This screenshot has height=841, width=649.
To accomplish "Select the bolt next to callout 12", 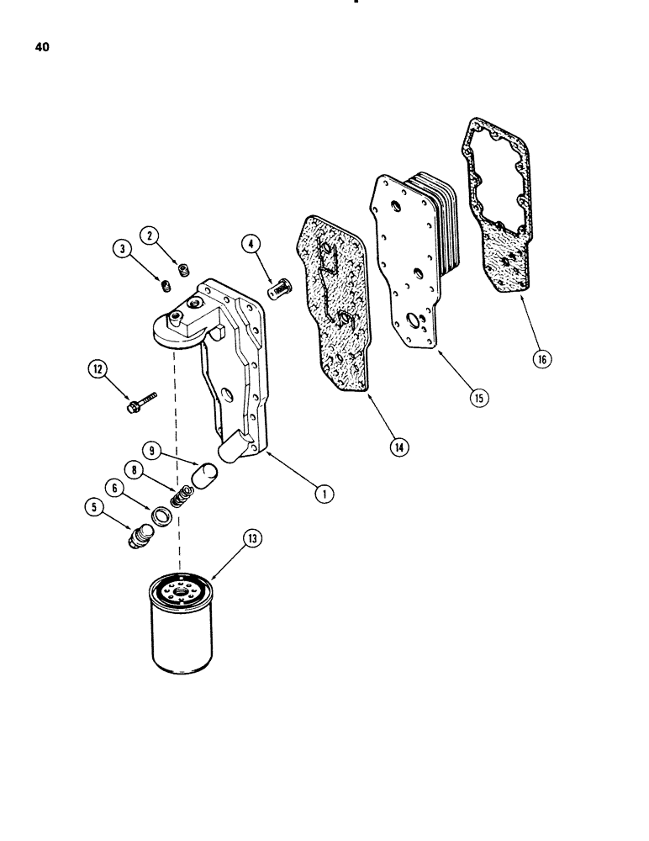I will [141, 401].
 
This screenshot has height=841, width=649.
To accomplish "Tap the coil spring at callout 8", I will [178, 499].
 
